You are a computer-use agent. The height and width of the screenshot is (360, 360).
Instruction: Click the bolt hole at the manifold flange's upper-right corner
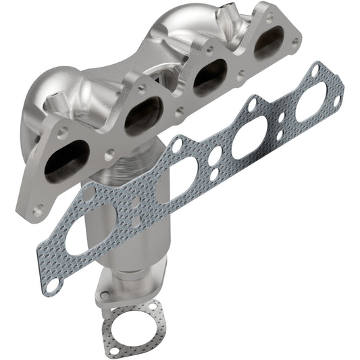tap(296, 41)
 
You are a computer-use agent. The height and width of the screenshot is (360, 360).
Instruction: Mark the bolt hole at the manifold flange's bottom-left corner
tap(39, 209)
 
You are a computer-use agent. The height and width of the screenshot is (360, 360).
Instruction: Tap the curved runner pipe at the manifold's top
tap(182, 24)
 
